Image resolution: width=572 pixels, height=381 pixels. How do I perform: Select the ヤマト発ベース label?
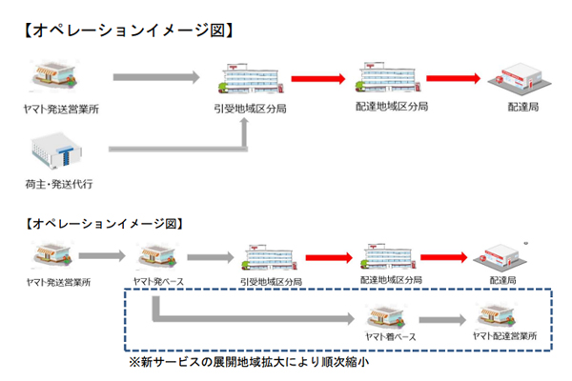point(157,282)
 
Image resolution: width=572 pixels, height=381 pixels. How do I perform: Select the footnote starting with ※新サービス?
point(249,363)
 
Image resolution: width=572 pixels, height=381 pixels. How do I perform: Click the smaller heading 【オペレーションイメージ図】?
point(102,224)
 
